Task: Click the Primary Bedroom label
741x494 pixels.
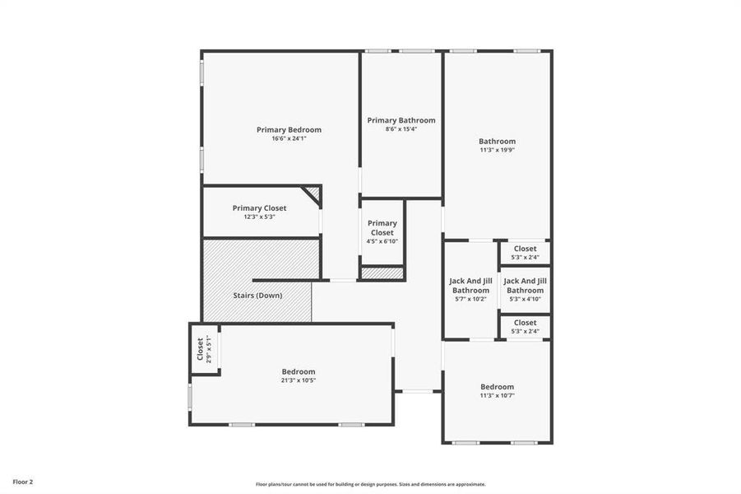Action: (x=289, y=129)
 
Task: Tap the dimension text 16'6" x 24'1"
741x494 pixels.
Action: (x=289, y=138)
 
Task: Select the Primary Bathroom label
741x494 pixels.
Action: (x=401, y=120)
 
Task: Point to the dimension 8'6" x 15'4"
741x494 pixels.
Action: (x=401, y=129)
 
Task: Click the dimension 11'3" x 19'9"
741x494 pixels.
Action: (x=498, y=150)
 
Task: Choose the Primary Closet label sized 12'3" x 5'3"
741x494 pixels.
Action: (x=259, y=208)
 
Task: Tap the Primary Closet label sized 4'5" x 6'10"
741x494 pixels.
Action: (x=382, y=228)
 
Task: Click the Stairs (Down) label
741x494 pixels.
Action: (x=257, y=295)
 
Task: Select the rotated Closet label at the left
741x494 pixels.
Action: (x=200, y=349)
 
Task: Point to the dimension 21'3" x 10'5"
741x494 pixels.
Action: (x=298, y=380)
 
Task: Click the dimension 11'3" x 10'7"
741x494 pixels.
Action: (x=498, y=395)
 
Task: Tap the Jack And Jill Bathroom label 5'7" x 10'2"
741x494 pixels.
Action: (x=470, y=286)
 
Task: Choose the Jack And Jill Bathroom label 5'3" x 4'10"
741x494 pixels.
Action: (x=525, y=286)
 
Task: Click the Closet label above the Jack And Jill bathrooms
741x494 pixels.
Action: (x=525, y=249)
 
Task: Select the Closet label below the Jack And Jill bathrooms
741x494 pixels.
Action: (x=525, y=323)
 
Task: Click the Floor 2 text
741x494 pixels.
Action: (x=23, y=481)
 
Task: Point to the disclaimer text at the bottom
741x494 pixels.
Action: (x=370, y=484)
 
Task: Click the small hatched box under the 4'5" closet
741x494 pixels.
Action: (x=382, y=273)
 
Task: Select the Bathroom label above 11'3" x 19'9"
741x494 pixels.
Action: (x=498, y=141)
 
